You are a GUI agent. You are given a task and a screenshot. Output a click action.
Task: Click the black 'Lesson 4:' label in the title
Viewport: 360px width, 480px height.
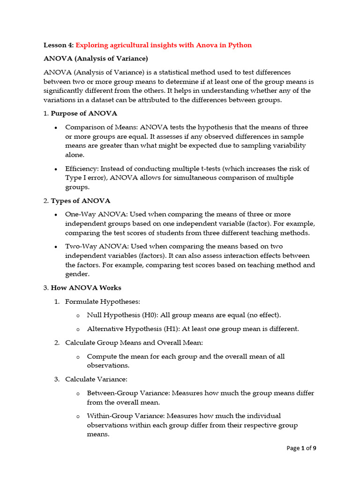click(59, 45)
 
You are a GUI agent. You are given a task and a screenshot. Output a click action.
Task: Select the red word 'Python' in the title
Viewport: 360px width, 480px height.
click(240, 45)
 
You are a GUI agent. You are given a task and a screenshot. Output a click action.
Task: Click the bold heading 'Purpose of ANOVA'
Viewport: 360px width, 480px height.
click(84, 113)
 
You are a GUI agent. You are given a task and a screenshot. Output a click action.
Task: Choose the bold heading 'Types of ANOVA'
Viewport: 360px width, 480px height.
click(81, 201)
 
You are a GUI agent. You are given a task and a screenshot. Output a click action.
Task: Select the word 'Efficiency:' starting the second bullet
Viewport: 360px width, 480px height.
click(82, 168)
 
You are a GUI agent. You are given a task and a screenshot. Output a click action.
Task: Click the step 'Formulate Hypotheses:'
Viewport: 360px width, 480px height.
click(103, 301)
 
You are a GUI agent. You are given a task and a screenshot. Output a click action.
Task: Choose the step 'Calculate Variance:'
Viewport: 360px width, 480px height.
click(96, 379)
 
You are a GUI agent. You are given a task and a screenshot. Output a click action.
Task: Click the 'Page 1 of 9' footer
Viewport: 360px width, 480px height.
click(301, 448)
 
